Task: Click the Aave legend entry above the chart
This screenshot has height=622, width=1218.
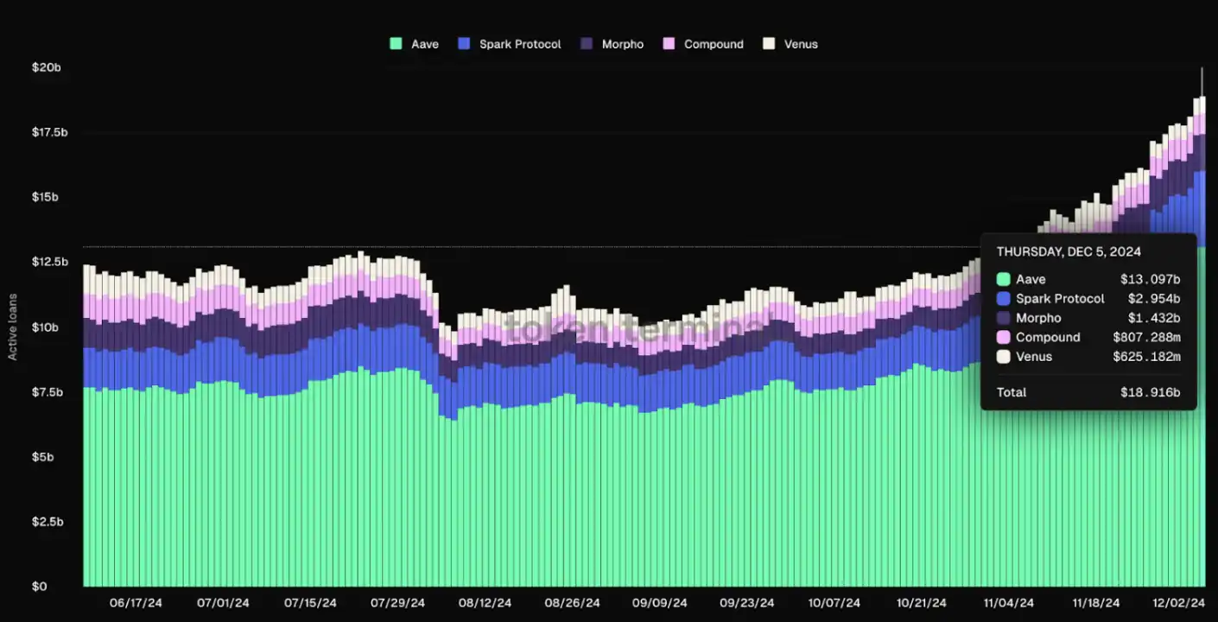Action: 416,44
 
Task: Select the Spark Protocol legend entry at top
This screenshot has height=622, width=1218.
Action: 511,44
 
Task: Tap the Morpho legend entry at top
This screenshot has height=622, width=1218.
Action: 613,44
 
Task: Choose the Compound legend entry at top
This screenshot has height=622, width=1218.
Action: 704,44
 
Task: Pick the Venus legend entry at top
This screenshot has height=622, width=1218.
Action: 791,44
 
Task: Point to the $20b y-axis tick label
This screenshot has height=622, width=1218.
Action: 46,67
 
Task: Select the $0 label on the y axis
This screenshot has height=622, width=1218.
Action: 41,587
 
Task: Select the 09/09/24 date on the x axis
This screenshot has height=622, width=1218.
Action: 660,603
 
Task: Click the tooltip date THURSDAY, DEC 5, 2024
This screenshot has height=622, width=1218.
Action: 1069,252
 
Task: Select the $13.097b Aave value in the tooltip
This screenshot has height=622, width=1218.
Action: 1150,280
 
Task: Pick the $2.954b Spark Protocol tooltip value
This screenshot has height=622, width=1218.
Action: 1153,299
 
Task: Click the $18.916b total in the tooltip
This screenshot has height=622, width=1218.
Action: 1150,393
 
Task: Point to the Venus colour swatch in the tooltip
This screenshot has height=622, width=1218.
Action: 1003,357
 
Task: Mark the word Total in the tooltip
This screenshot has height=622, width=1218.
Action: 1012,393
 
